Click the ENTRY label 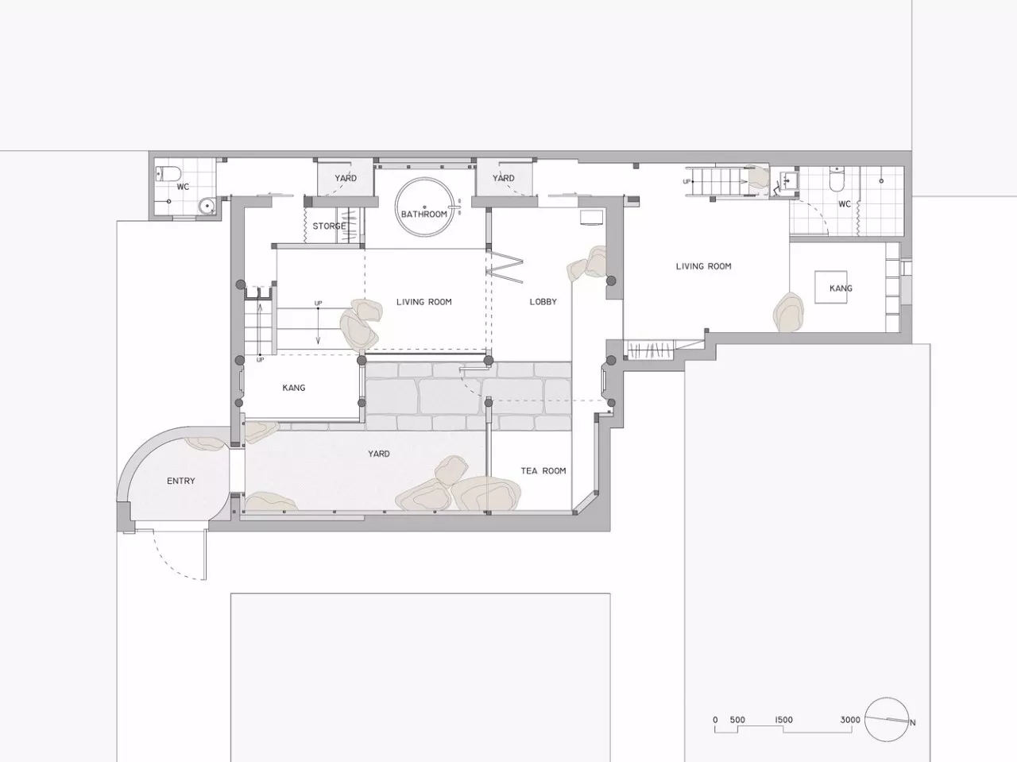tap(180, 481)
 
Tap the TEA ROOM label tap(543, 471)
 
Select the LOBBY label tap(543, 302)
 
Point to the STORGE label tap(329, 226)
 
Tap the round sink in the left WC tap(206, 206)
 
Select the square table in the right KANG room tap(831, 287)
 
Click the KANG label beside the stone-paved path tap(294, 388)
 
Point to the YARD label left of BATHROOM tap(346, 178)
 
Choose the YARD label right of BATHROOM tap(503, 178)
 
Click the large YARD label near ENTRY tap(378, 454)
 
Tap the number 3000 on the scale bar tap(850, 720)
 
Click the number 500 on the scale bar tap(737, 720)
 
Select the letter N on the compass tap(912, 722)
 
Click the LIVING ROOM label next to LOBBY tap(424, 302)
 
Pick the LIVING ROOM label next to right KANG tap(703, 266)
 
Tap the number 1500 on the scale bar tap(783, 720)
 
